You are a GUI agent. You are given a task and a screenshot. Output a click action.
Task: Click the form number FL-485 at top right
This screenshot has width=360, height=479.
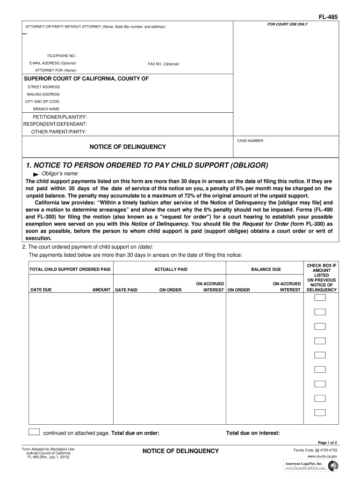click(328, 17)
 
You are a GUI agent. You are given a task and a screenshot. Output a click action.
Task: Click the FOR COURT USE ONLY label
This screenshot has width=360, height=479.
click(288, 24)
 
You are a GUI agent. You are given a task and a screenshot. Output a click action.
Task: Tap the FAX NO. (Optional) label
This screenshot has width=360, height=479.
click(164, 64)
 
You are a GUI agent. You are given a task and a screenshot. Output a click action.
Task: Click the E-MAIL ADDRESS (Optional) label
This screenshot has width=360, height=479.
click(53, 63)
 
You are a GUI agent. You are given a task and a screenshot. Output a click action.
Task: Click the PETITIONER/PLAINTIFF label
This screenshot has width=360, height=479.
click(59, 116)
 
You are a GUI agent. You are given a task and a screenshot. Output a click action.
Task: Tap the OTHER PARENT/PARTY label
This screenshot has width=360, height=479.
click(58, 132)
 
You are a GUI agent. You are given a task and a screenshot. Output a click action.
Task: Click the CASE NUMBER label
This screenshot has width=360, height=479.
click(251, 140)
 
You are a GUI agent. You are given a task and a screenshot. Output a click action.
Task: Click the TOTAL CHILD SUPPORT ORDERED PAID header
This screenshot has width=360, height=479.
click(70, 270)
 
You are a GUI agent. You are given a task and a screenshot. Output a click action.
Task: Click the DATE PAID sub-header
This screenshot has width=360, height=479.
click(126, 290)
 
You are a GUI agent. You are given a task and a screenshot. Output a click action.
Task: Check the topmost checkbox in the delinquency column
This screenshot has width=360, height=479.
click(320, 298)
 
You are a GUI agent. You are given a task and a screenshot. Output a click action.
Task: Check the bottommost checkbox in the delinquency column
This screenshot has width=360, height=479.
click(320, 413)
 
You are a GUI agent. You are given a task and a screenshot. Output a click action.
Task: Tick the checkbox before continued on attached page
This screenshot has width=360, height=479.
click(34, 432)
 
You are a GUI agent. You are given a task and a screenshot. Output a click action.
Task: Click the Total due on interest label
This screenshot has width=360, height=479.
click(253, 433)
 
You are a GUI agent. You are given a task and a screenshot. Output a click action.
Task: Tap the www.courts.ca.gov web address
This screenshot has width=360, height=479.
click(322, 456)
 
